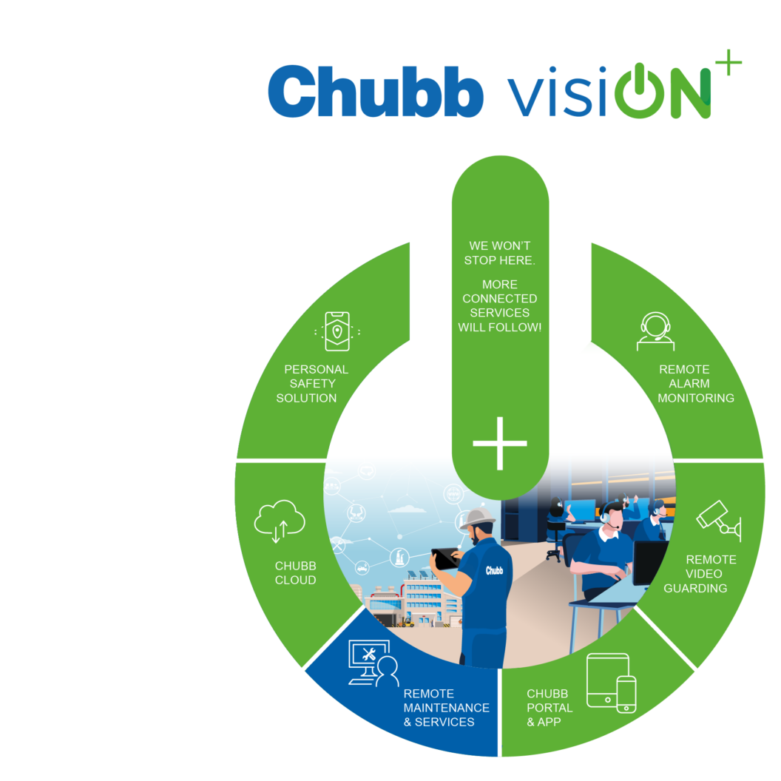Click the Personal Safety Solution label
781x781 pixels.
[x=316, y=383]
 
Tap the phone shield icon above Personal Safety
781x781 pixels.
[x=337, y=331]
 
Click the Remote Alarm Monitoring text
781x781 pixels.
[x=695, y=383]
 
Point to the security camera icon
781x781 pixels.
[x=718, y=518]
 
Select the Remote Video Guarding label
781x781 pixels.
[x=710, y=573]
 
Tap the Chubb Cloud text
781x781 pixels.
[x=295, y=573]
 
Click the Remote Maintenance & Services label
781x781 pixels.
[x=446, y=708]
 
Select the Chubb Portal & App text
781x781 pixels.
[x=550, y=708]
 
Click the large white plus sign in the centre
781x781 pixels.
[x=500, y=443]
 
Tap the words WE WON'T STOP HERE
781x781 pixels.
[x=499, y=253]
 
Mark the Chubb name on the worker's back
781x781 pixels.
[x=494, y=569]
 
